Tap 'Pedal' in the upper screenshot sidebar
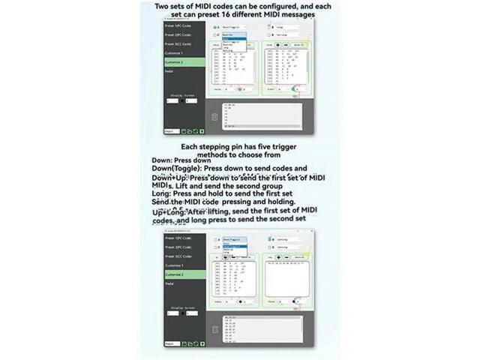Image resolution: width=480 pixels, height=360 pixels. pos(169,71)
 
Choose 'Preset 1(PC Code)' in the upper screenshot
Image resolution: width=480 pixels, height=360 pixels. pos(178,26)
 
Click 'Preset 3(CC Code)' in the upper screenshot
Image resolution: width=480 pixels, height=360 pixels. pos(178,44)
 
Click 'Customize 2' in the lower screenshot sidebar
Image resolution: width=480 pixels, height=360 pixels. pos(175,274)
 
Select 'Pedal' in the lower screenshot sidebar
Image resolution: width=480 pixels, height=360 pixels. pos(169,284)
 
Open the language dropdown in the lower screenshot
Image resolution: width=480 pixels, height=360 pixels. pos(172,343)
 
